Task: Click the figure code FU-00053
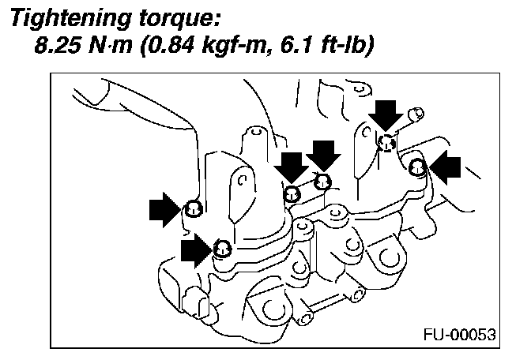point(461,334)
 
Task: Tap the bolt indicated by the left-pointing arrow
point(417,166)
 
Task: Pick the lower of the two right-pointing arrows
point(197,250)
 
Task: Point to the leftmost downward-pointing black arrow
point(292,166)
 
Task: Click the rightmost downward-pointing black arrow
point(386,114)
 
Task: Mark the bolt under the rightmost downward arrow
point(386,143)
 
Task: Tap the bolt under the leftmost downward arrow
point(292,193)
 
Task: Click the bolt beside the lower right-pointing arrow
point(223,249)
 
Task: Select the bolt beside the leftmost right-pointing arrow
point(193,209)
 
